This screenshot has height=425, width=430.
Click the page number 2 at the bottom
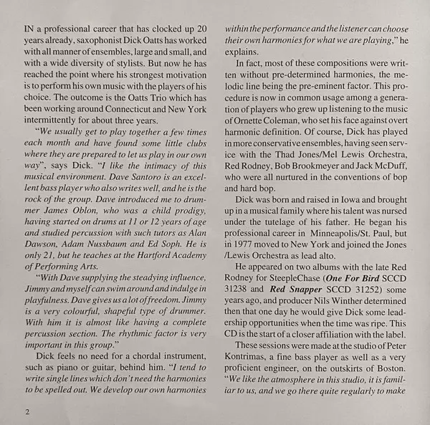[x=27, y=412]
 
